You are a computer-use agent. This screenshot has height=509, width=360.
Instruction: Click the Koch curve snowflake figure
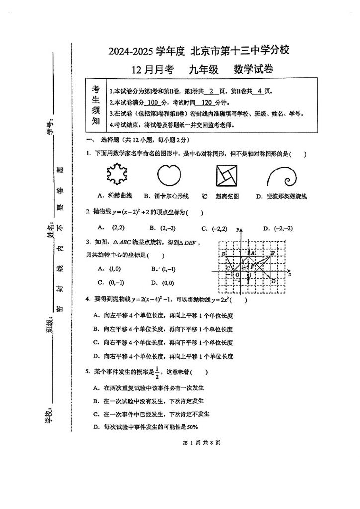pos(118,174)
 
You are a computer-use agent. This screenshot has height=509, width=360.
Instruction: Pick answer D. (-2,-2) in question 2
pos(277,229)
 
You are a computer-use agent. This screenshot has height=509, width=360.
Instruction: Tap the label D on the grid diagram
pos(273,281)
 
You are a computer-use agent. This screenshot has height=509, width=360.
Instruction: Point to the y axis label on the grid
pos(239,229)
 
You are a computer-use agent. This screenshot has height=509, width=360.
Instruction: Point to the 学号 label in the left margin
pos(49,128)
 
